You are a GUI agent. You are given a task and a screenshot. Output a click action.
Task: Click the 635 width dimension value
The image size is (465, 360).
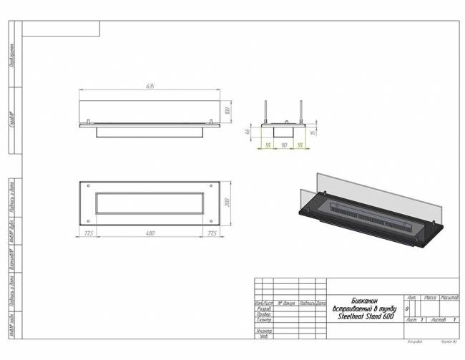pyautogui.click(x=151, y=86)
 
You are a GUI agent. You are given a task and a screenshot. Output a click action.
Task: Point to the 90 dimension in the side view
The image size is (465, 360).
pyautogui.click(x=285, y=145)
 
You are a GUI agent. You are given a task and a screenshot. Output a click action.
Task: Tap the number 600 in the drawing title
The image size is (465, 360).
pyautogui.click(x=387, y=316)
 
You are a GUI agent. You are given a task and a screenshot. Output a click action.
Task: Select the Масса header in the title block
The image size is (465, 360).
pyautogui.click(x=430, y=296)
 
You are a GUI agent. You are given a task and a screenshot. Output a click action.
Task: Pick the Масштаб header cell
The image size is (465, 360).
pyautogui.click(x=449, y=296)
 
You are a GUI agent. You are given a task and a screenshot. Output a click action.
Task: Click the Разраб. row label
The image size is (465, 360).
pyautogui.click(x=263, y=308)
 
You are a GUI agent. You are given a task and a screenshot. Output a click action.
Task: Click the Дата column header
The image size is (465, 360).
pyautogui.click(x=321, y=303)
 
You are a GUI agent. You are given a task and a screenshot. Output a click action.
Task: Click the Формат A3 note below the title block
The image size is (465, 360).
pyautogui.click(x=448, y=344)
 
